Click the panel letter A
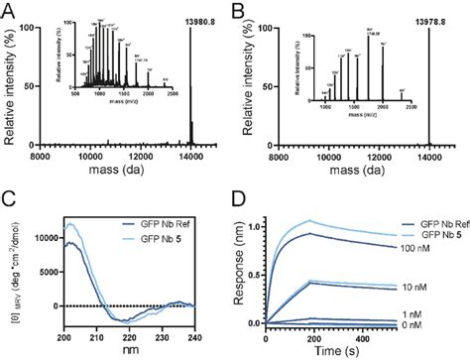point(9,9)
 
